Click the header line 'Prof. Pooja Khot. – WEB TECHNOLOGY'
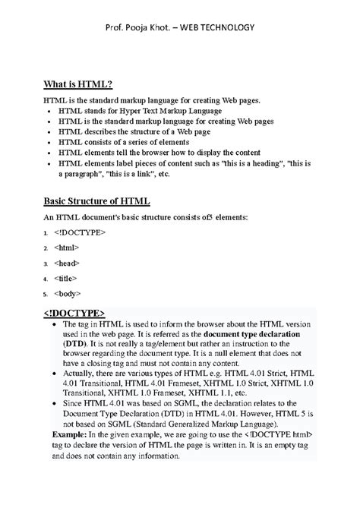tap(180, 28)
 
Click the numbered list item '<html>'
tap(67, 248)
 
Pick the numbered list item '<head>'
tap(67, 263)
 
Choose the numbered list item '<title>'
tap(67, 278)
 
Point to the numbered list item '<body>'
tap(68, 293)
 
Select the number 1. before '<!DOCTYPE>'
tap(46, 233)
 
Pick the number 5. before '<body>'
tap(46, 294)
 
